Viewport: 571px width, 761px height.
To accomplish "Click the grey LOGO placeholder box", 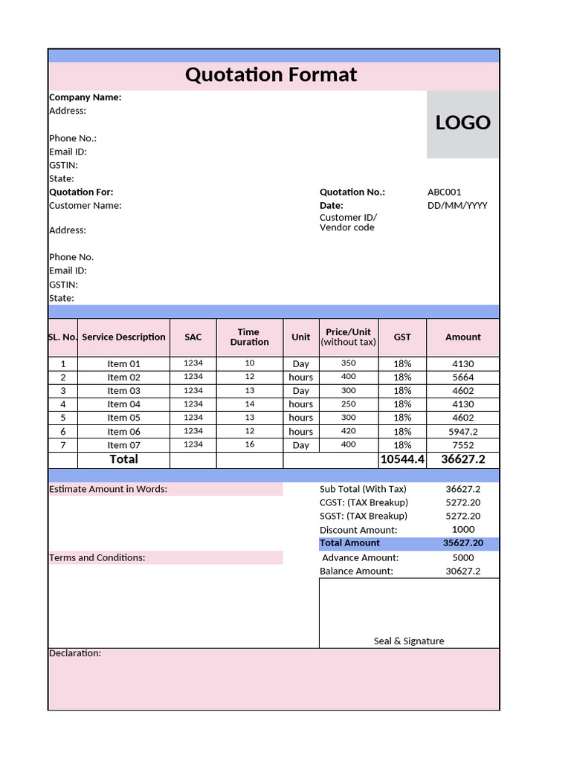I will coord(462,124).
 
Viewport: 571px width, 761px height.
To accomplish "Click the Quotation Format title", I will coord(271,75).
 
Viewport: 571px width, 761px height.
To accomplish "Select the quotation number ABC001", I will coord(445,192).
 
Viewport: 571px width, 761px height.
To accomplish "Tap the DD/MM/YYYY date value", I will coord(457,206).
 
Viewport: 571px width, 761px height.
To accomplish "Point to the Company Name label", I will coord(85,97).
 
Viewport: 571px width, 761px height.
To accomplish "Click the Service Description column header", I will coord(123,337).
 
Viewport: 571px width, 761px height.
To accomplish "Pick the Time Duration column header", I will coord(249,337).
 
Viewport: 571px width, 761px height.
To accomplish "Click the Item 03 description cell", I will coord(123,391).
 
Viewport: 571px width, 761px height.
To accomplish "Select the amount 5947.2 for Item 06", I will coord(462,432).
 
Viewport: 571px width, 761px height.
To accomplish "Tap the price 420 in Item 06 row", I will coord(348,431).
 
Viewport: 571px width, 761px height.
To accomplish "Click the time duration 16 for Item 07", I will coord(249,444).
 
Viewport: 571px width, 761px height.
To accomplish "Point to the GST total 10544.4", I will coord(401,460).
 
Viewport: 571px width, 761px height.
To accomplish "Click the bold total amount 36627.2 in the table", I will coord(462,460).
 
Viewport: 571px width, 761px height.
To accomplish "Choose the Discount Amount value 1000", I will coord(462,530).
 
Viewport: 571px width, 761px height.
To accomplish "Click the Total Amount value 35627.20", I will coord(462,543).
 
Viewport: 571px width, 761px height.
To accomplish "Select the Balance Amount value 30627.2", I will coord(462,571).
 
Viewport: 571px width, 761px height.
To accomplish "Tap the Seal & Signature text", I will coord(409,641).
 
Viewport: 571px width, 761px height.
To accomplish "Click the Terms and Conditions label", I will coord(97,558).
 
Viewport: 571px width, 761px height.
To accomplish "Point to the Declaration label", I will coord(74,653).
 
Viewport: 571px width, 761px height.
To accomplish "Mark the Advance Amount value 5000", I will coord(462,558).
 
